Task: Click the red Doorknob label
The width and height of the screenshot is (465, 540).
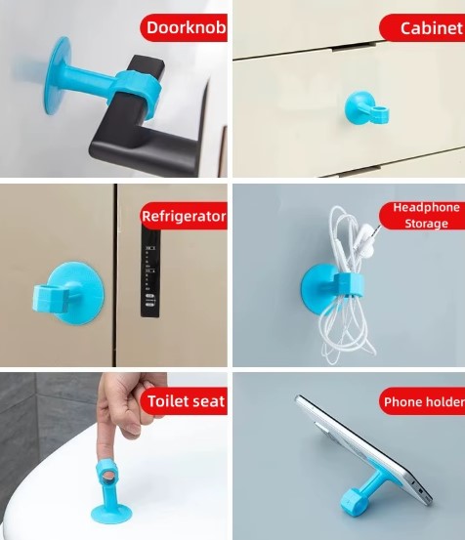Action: pos(185,27)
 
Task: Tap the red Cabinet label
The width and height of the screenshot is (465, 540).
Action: pos(430,27)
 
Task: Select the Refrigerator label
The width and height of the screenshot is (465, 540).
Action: pos(184,216)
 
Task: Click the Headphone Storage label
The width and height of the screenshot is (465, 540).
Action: pos(426,216)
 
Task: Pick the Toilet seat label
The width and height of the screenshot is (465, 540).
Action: pos(185,400)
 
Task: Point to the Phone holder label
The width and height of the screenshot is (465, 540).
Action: pos(422,401)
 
